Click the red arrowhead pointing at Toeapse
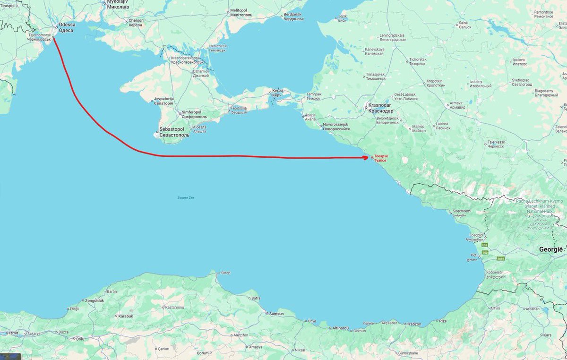click(367, 157)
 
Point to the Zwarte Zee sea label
click(185, 197)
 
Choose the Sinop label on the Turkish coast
click(226, 273)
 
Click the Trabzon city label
click(413, 324)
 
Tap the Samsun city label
click(276, 313)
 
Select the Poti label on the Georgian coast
click(474, 255)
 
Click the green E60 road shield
click(485, 253)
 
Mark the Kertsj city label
click(277, 93)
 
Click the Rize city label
click(442, 321)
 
